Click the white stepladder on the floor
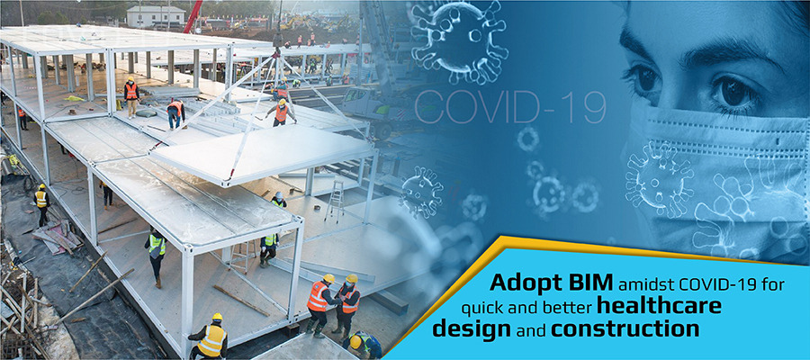click(x=336, y=201)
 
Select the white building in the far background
click(x=156, y=16)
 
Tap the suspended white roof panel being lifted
click(x=263, y=153)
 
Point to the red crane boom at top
click(x=193, y=16)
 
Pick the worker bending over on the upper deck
click(x=176, y=113)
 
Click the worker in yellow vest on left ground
click(x=41, y=204)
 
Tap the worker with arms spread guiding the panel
click(x=281, y=112)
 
